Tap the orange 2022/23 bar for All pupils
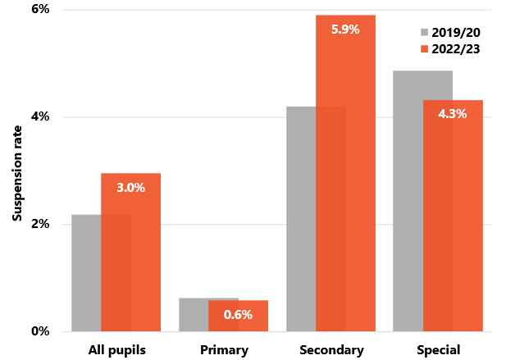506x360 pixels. click(130, 262)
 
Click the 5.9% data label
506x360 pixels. click(345, 30)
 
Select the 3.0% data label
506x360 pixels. click(130, 188)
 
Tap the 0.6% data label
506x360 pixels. click(238, 314)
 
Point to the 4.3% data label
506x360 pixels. click(453, 114)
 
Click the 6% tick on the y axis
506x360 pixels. click(40, 10)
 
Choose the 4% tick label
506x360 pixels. click(40, 117)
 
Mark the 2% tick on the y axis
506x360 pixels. click(40, 224)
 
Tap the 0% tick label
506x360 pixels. click(40, 331)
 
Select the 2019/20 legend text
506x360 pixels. click(457, 33)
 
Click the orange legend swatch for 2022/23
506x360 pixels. click(425, 49)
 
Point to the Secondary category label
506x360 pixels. click(332, 350)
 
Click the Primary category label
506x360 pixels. click(224, 350)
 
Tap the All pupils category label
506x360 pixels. click(116, 350)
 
